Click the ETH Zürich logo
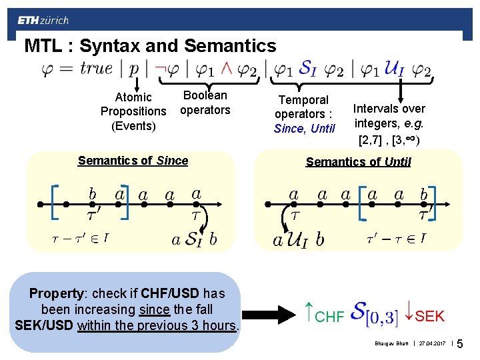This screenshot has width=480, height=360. point(43,20)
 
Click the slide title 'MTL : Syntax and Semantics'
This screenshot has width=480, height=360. point(150,46)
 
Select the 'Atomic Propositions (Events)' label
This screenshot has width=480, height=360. point(133,111)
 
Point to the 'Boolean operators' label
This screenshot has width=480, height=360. point(205,103)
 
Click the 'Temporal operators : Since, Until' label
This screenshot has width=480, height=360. point(304,114)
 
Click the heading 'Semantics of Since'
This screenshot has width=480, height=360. point(133,161)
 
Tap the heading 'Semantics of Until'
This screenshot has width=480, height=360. point(358,161)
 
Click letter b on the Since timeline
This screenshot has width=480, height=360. point(93,193)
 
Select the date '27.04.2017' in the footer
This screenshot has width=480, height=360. point(431,344)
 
